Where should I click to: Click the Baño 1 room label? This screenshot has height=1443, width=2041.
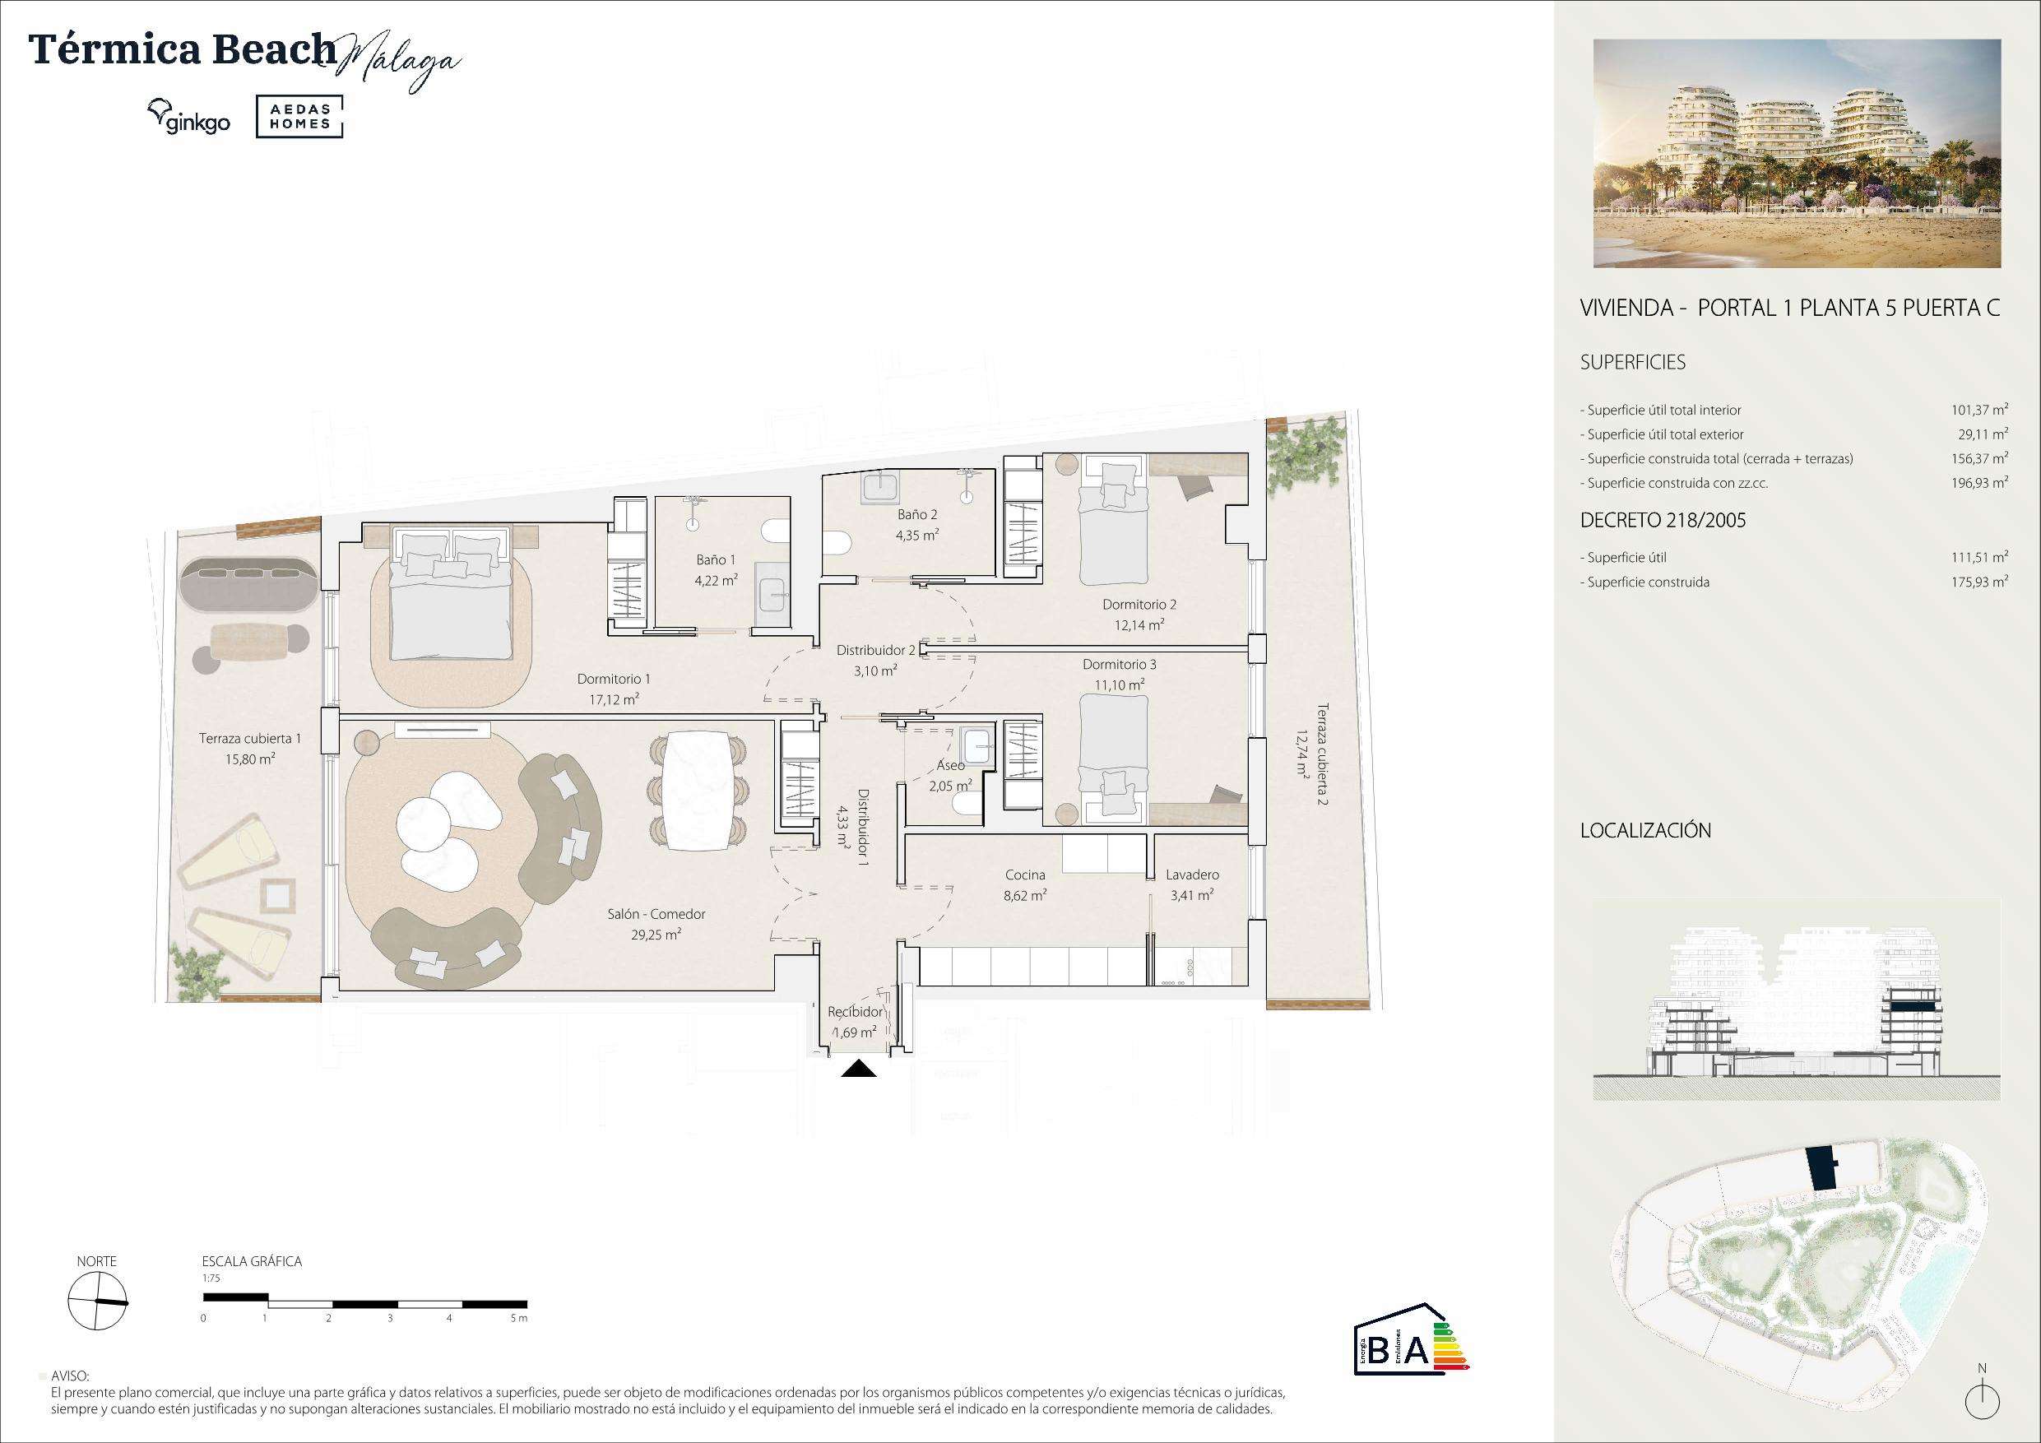(716, 560)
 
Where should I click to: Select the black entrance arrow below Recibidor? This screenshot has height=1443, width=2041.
(859, 1069)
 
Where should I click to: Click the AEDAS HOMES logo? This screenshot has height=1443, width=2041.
(299, 118)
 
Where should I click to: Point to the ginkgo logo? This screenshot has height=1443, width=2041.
(188, 118)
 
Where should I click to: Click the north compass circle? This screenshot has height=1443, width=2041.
(97, 1301)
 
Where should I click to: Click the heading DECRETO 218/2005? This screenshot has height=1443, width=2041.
(1663, 521)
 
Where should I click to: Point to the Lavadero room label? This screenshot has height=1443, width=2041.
(1192, 875)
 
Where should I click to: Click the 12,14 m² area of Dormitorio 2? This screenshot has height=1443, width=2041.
(1139, 625)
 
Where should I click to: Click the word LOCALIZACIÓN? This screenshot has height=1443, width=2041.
(1645, 830)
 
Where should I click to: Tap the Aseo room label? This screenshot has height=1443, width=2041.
(950, 767)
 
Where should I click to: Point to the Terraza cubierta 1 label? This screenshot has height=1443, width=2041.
(250, 738)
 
